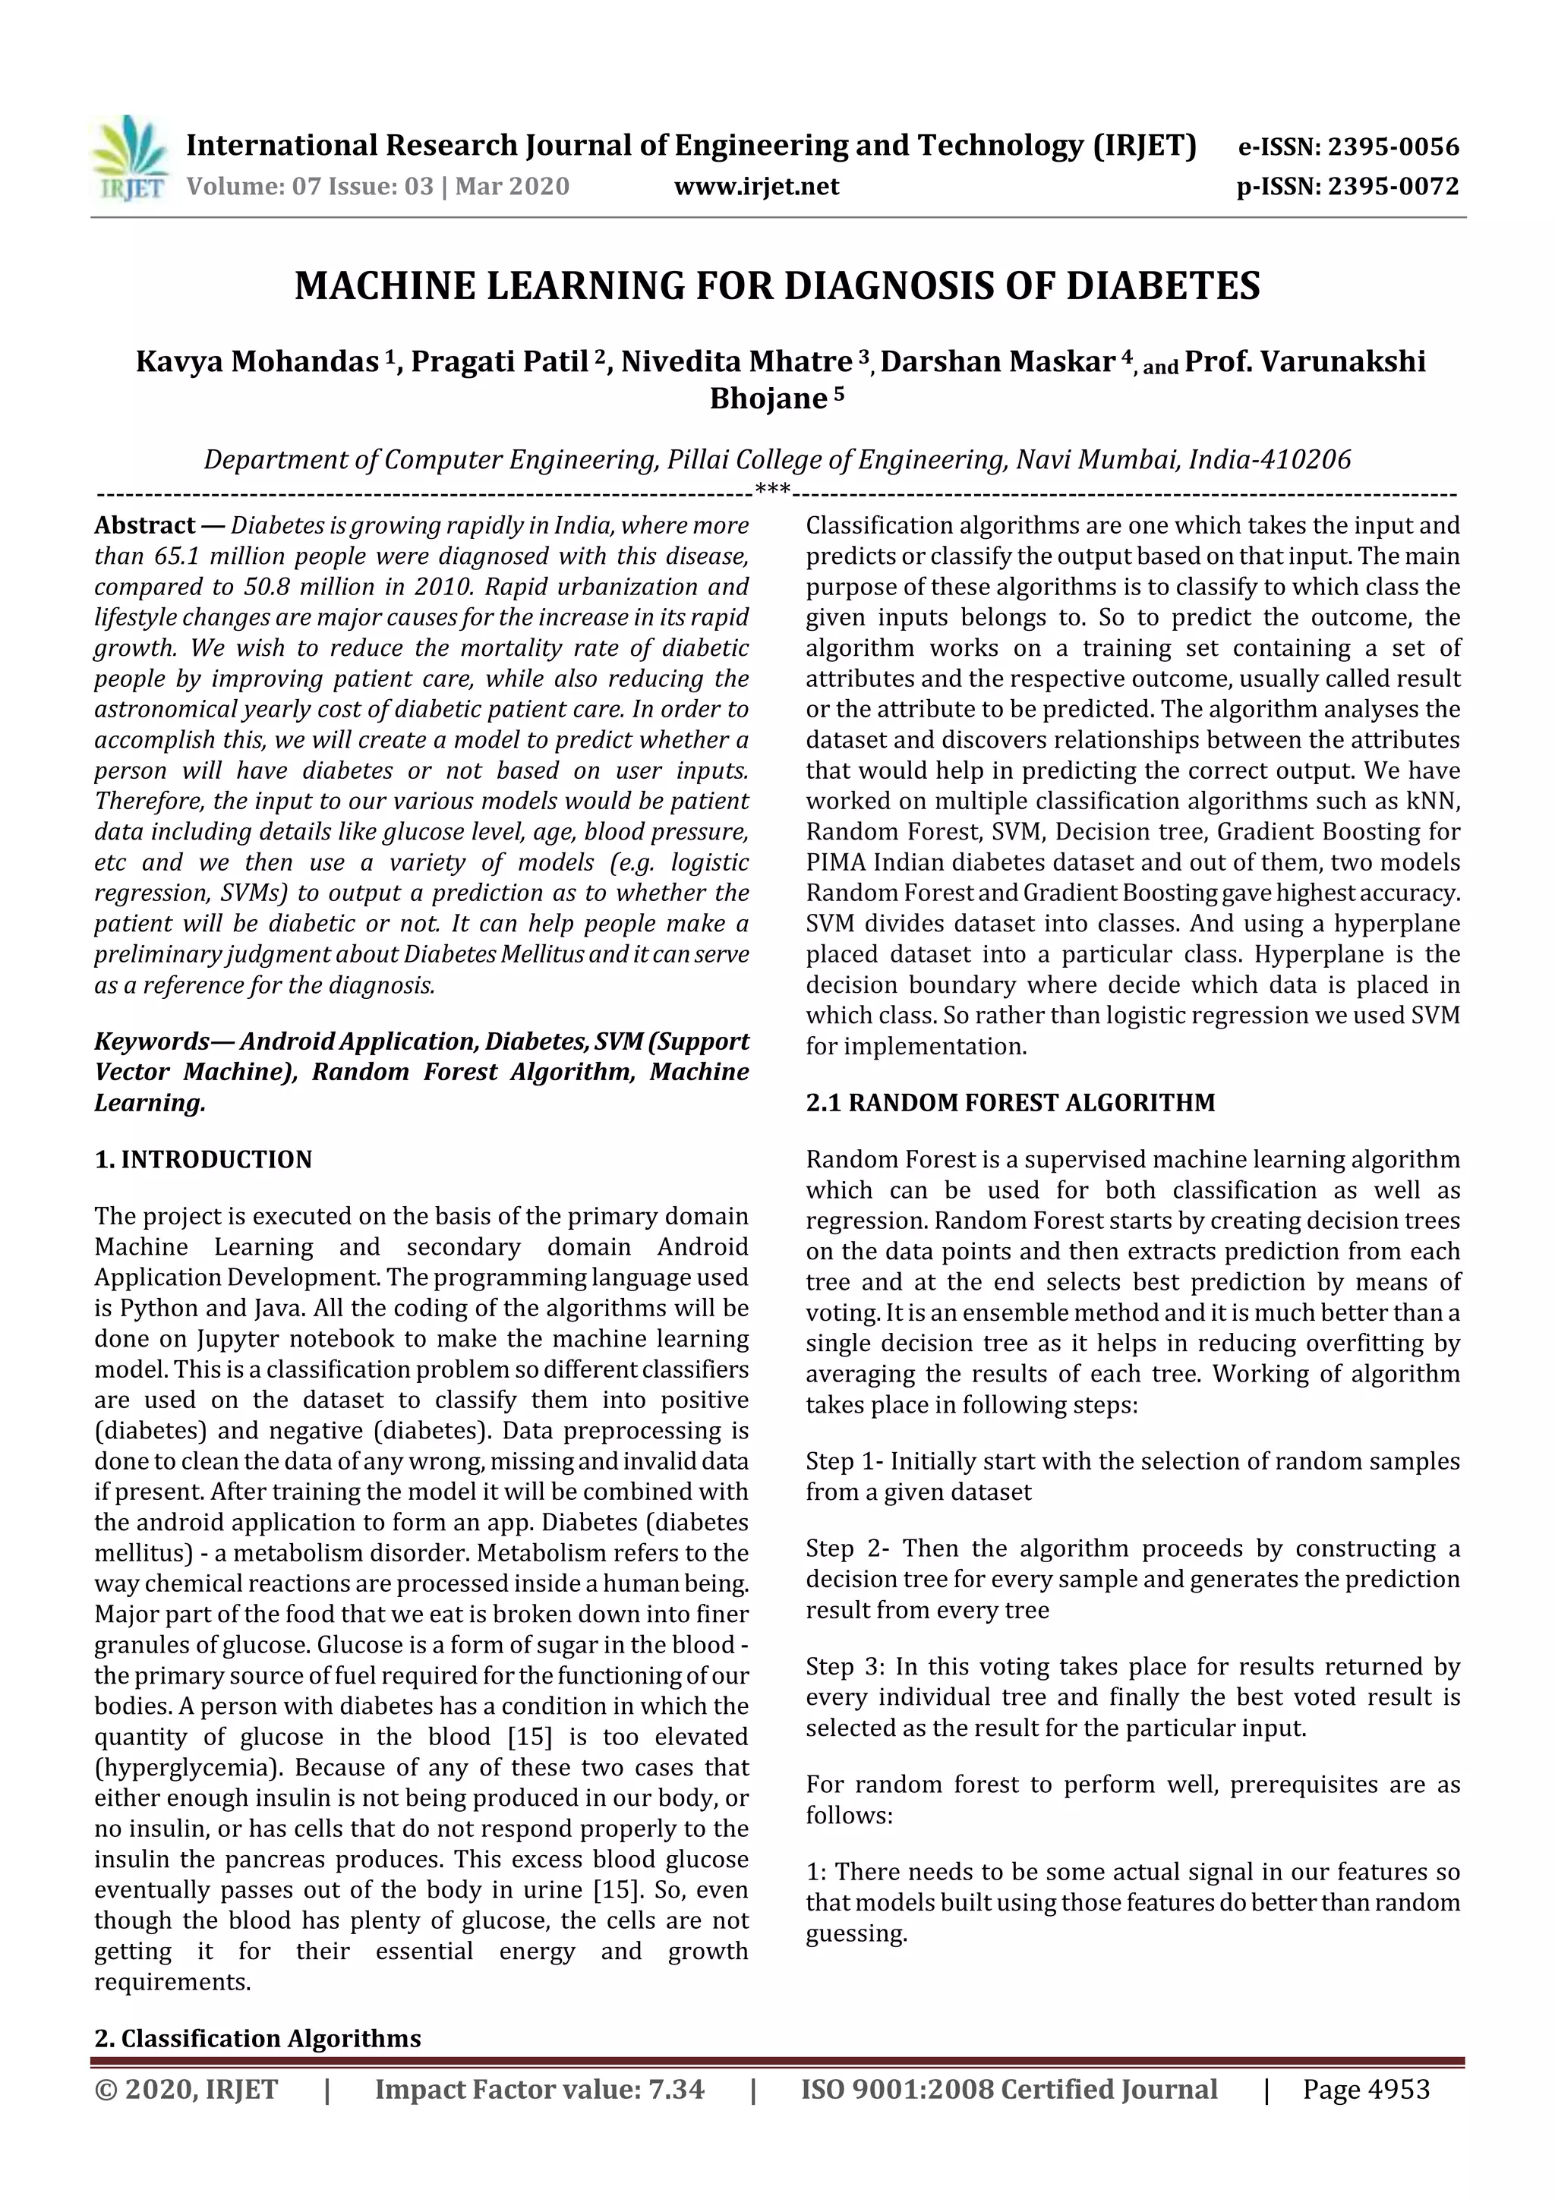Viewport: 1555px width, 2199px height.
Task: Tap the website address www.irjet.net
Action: (x=756, y=186)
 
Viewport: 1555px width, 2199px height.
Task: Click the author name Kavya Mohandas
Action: (x=257, y=362)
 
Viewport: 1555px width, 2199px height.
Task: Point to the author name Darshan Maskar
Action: (x=996, y=362)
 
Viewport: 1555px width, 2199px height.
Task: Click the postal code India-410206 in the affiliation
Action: (x=1270, y=460)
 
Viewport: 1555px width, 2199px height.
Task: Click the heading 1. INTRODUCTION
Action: (x=203, y=1160)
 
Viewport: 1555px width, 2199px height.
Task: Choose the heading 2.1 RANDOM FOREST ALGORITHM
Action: (x=1010, y=1102)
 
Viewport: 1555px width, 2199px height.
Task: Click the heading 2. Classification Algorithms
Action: (x=257, y=2038)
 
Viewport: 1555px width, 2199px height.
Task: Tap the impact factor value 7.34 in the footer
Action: (x=676, y=2090)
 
